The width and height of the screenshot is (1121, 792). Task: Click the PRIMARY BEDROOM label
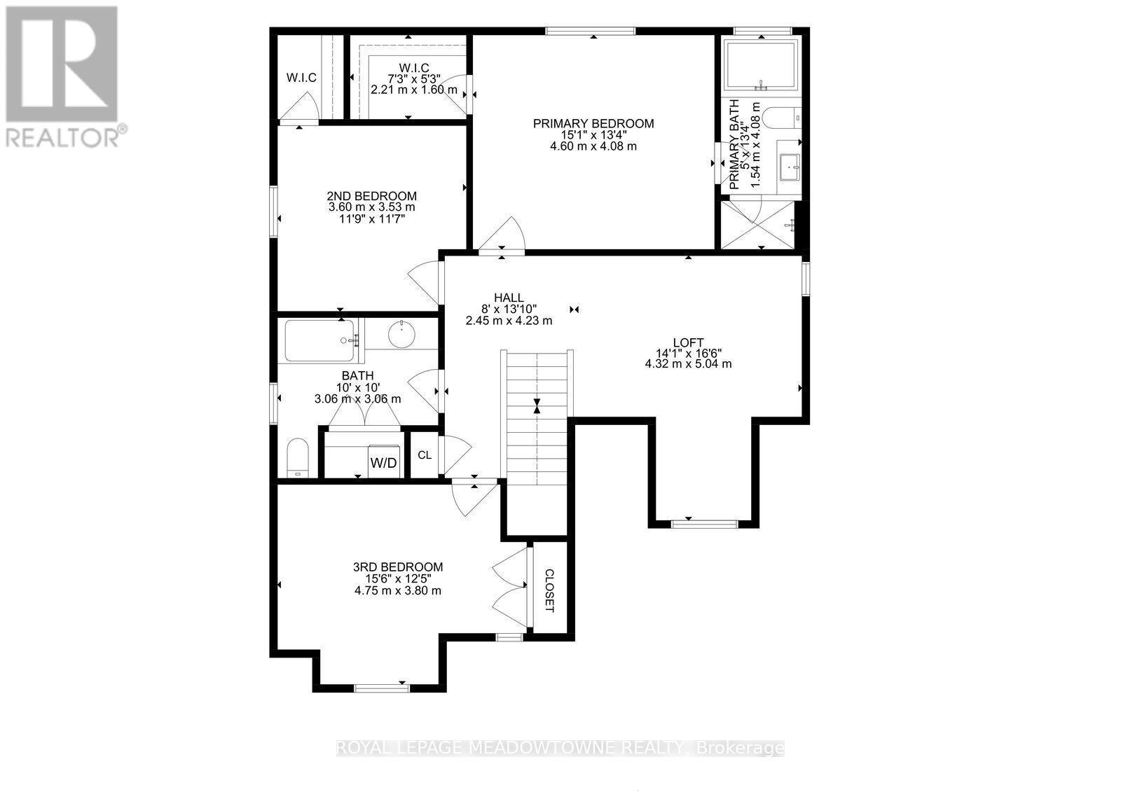coord(593,124)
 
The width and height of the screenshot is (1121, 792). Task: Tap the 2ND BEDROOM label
coord(371,196)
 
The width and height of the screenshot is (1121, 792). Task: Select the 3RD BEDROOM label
coord(397,567)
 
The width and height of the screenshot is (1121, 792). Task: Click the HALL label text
coord(509,298)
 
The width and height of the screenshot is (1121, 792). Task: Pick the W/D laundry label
coord(383,463)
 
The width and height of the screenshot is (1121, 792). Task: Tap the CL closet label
coord(424,455)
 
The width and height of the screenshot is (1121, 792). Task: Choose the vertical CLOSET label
coord(549,590)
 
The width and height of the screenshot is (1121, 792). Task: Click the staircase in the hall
coord(537,417)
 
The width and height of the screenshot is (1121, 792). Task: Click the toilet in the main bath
coord(298,458)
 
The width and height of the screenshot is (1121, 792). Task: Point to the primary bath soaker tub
coord(761,65)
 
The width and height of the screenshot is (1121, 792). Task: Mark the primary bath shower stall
coord(757,223)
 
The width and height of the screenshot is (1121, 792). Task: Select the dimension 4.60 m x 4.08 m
coord(593,146)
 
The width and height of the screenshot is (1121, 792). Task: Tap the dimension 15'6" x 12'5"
coord(397,579)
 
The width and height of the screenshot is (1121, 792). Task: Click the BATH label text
coord(357,376)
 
